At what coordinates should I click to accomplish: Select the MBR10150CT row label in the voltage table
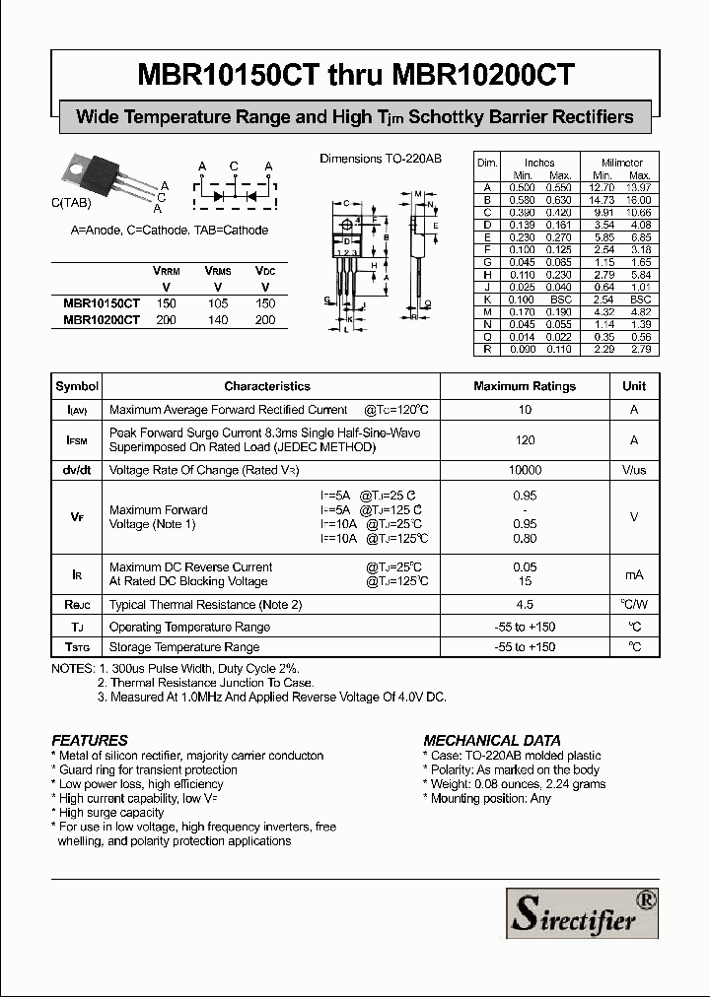coord(102,304)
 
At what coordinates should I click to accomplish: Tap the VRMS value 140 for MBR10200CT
coord(218,320)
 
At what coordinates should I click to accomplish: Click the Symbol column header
coord(77,386)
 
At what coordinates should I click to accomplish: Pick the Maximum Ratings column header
coord(525,386)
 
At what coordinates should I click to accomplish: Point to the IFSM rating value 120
coord(525,440)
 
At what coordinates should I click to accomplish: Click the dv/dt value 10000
coord(525,471)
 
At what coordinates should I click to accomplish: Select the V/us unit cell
coord(634,471)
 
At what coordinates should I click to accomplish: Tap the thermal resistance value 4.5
coord(525,605)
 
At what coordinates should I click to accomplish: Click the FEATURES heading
coord(90,740)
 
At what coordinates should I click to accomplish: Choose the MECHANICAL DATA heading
coord(492,740)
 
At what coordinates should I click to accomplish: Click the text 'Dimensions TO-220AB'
coord(381,159)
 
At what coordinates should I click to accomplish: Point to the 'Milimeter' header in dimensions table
coord(622,163)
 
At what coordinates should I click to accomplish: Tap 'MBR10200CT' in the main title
coord(484,75)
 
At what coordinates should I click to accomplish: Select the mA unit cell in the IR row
coord(634,574)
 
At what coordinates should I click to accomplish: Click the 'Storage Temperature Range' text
coord(184,647)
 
